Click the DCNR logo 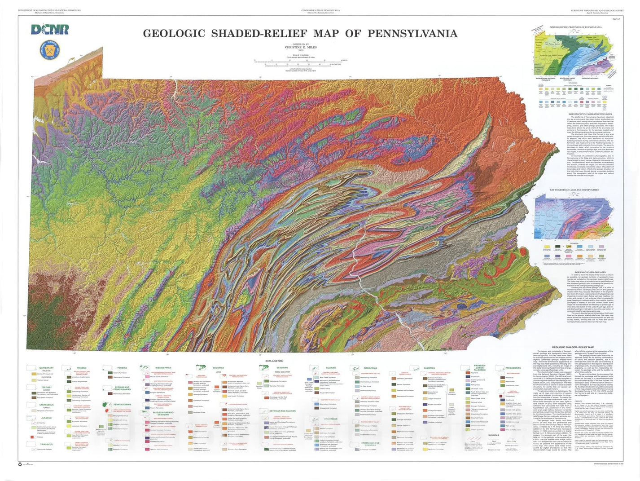(50, 30)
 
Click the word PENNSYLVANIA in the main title (412, 34)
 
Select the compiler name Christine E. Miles (300, 47)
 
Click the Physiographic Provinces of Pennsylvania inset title (575, 27)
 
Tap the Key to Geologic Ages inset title (574, 190)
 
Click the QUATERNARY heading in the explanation (46, 368)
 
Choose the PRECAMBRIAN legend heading (513, 368)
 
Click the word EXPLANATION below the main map (274, 361)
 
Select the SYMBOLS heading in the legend (493, 435)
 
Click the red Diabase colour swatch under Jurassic (33, 437)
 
